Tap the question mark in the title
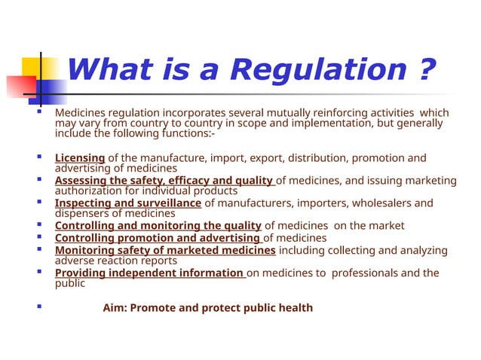click(x=427, y=71)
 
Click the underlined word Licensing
click(x=80, y=157)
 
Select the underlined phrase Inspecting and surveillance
click(x=128, y=203)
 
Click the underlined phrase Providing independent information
click(x=150, y=273)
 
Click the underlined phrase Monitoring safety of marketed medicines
click(x=165, y=250)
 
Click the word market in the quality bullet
click(x=386, y=225)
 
